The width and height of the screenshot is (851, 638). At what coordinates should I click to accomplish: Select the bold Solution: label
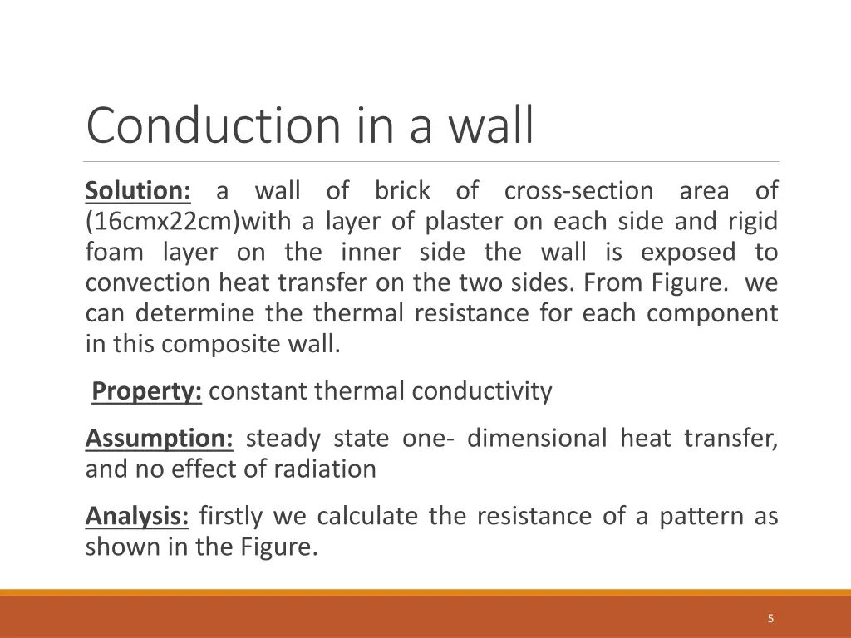pos(138,191)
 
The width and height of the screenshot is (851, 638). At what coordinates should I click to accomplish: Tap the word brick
pos(402,191)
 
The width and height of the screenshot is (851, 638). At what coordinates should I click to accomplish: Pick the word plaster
pos(464,222)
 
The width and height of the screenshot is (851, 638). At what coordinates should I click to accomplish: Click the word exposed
pos(689,253)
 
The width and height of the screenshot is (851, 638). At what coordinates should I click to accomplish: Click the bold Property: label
pos(147,391)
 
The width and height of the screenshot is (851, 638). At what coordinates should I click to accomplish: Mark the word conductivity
pos(483,391)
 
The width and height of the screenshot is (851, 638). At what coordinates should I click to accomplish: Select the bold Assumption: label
pos(159,438)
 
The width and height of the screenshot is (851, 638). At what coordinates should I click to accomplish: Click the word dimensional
pos(537,438)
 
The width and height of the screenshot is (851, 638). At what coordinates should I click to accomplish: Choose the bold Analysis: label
pos(137,517)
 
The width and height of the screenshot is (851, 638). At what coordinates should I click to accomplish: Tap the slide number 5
pos(771,618)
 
